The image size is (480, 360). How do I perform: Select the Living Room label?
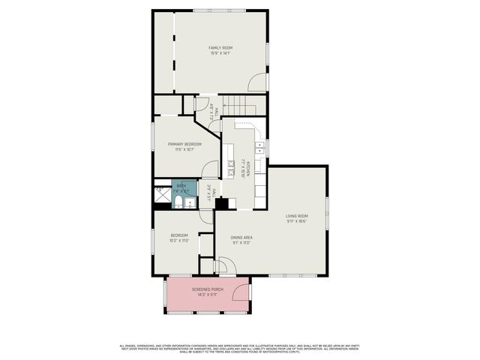coord(297,216)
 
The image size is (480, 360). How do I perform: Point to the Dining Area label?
coord(241,238)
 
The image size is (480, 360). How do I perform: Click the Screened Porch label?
coord(207,289)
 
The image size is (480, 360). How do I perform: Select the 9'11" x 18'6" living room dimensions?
coord(297,221)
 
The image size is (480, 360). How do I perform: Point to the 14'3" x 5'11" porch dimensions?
coord(207,295)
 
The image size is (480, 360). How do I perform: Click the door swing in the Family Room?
coord(257,83)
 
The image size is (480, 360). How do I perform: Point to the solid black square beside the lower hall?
coord(220,202)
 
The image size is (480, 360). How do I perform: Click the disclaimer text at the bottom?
coord(240,349)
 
